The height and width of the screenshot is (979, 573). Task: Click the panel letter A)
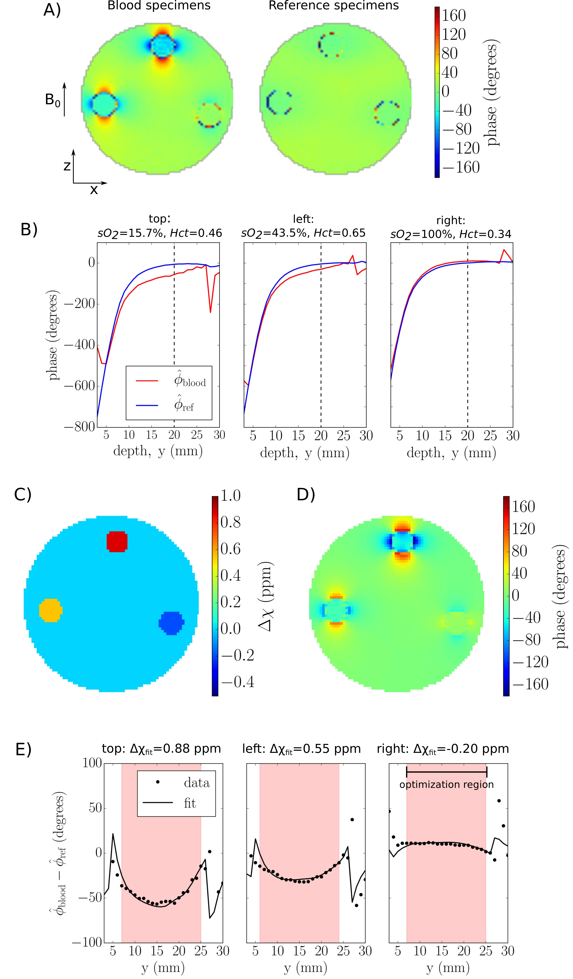[x=52, y=10]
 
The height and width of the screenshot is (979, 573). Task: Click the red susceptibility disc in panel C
[x=117, y=541]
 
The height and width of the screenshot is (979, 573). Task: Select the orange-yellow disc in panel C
[x=51, y=610]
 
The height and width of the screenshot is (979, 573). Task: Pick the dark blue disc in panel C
[x=171, y=623]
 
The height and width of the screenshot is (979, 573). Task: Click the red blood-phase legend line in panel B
[x=147, y=381]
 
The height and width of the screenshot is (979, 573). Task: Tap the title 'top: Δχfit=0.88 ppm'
[x=161, y=749]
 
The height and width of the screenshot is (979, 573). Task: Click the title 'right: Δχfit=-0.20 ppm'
[x=443, y=749]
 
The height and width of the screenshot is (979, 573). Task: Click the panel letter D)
[x=305, y=495]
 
